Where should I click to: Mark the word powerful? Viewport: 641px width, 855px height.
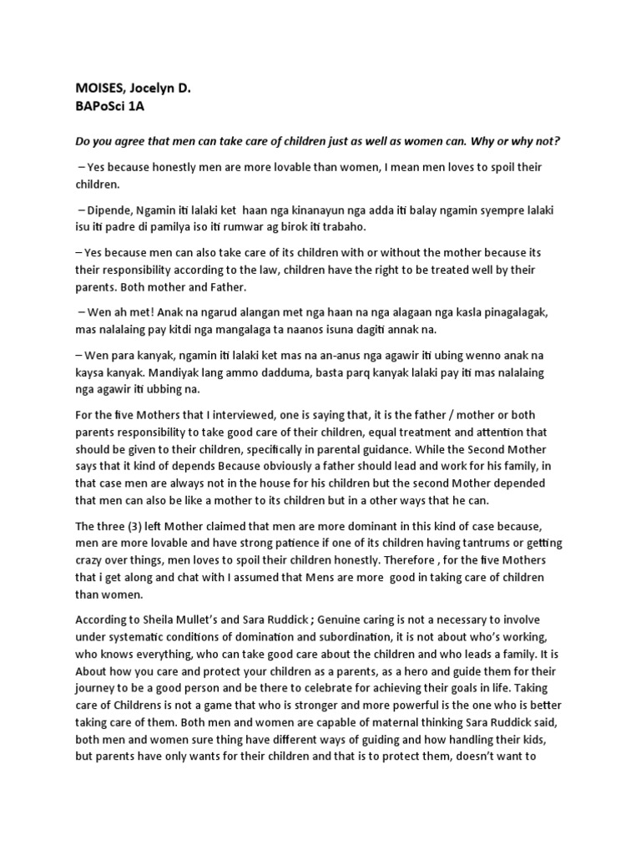(x=432, y=713)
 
